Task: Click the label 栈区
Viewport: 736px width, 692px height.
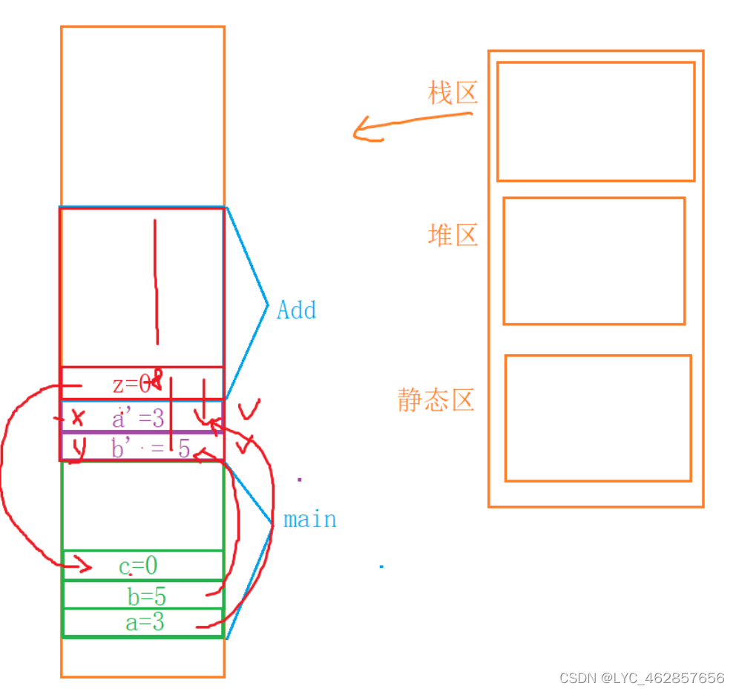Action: point(453,94)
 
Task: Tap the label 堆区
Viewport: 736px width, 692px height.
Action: point(453,235)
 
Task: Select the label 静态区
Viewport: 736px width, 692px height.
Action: point(436,400)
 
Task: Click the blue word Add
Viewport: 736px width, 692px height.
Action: point(296,310)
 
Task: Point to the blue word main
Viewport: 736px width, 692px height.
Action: point(310,520)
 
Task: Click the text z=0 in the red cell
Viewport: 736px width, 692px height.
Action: point(131,385)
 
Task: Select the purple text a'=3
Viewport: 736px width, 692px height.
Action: point(138,418)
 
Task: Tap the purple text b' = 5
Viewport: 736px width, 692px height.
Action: point(151,448)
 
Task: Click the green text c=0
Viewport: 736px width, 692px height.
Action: point(138,567)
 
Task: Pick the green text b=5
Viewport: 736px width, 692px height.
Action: point(147,595)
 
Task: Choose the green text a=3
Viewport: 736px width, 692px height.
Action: point(145,622)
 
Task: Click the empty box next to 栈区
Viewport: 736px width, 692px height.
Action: point(596,122)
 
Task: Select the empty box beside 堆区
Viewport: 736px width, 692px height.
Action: point(594,261)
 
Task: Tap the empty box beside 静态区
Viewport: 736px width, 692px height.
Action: point(598,418)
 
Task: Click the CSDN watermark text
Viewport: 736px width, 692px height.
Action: point(642,678)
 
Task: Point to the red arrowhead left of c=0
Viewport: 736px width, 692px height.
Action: point(83,568)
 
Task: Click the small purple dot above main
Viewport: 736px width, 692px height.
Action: point(300,480)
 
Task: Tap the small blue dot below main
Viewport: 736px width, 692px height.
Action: point(381,567)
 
